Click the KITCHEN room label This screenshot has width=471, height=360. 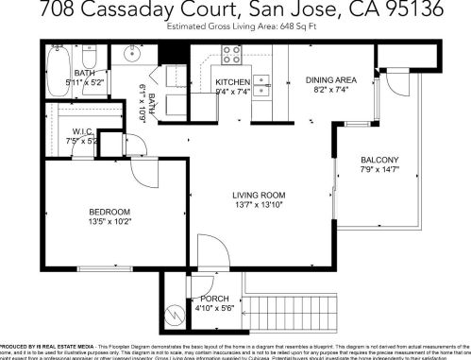pyautogui.click(x=231, y=82)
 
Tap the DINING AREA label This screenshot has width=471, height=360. pyautogui.click(x=331, y=81)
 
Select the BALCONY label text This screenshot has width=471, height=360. pyautogui.click(x=379, y=159)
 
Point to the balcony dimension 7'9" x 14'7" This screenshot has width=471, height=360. pyautogui.click(x=379, y=170)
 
